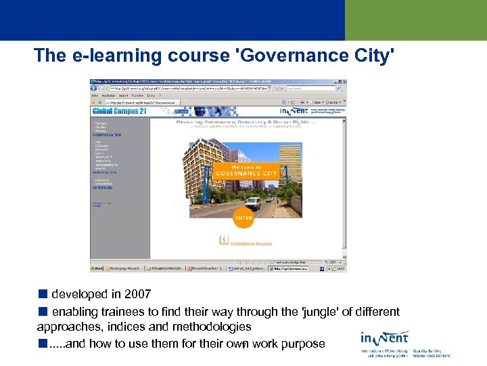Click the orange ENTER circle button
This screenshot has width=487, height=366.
point(243,218)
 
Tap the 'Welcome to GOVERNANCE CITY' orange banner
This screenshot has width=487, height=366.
point(246,169)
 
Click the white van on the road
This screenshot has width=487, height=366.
point(252,203)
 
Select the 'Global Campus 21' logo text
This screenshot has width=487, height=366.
point(120,110)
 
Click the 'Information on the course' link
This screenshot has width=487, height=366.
point(252,243)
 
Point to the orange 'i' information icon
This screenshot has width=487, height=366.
point(224,240)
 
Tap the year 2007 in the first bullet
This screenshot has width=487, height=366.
point(138,294)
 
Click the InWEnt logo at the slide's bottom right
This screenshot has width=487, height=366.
point(384,338)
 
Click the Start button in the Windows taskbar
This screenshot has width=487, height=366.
point(97,268)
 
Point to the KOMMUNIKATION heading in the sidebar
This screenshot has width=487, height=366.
point(107,136)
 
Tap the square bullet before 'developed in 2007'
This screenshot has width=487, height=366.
point(43,294)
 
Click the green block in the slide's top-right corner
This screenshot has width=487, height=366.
point(415,20)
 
